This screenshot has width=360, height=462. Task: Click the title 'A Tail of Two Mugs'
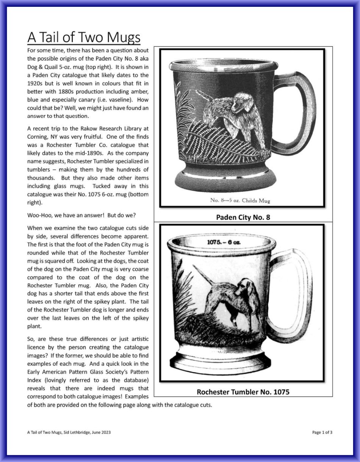84,38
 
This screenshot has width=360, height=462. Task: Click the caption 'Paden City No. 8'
243,218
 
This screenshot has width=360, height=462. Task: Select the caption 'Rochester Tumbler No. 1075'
243,392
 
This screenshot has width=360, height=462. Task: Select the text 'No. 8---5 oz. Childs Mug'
240,200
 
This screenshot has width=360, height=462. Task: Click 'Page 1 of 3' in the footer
322,432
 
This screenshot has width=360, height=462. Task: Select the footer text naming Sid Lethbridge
69,432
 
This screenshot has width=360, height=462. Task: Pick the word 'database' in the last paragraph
132,380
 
